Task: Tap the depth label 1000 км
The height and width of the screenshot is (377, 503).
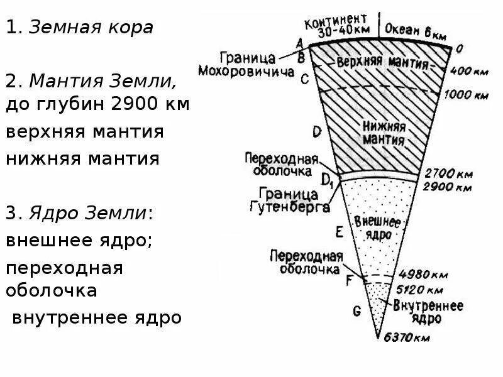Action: coord(466,95)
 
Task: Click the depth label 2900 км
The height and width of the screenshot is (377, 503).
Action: coord(448,187)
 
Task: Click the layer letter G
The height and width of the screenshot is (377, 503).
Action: coord(357,310)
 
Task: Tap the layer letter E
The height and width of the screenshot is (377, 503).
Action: coord(339,232)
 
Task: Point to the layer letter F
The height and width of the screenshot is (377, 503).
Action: coord(350,281)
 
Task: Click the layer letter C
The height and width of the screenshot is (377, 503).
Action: coord(304,79)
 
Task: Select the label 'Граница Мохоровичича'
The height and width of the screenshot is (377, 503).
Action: coord(246,64)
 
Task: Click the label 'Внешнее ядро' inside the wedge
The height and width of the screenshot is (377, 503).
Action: coord(377,228)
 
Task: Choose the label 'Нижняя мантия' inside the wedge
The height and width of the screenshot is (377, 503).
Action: coord(382,131)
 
